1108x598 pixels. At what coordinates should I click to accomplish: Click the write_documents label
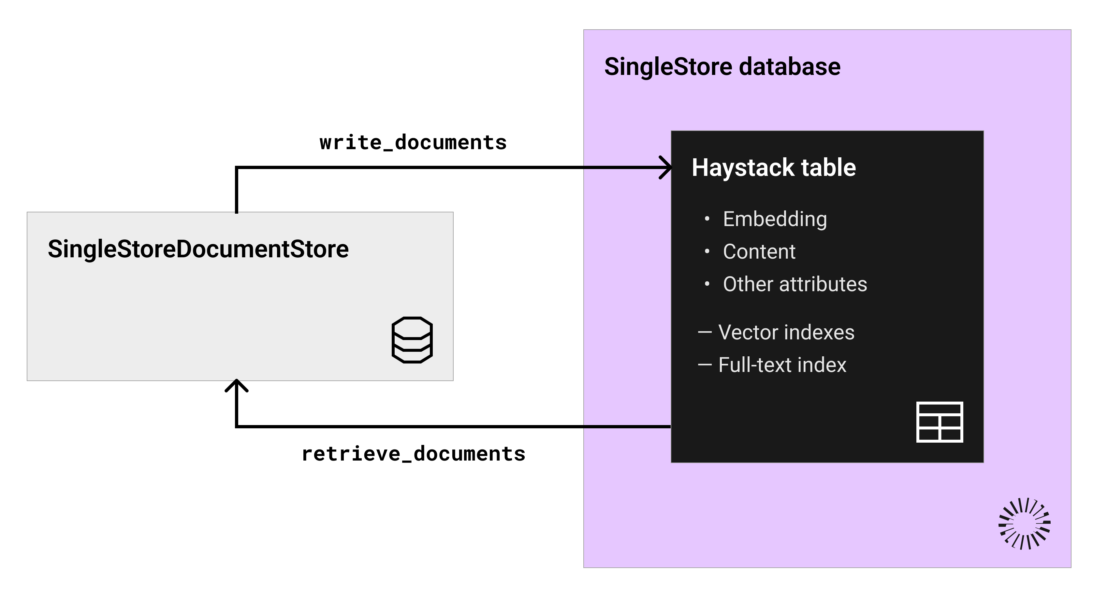(x=413, y=143)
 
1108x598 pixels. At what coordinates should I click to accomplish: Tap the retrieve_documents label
(x=413, y=454)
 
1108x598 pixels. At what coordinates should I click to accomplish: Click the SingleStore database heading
(x=722, y=67)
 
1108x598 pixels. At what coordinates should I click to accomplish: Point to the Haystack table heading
(x=774, y=168)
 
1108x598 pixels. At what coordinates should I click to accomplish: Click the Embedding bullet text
(x=775, y=219)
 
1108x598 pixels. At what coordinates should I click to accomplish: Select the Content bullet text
(x=759, y=251)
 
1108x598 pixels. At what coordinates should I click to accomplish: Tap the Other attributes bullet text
(x=795, y=284)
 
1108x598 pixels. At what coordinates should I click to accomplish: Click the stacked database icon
(x=412, y=340)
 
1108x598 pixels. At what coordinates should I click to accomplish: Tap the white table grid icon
(x=940, y=422)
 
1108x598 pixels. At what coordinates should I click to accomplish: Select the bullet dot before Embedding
(x=707, y=219)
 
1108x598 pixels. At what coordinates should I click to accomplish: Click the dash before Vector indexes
(x=705, y=332)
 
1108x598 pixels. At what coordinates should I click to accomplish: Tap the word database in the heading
(x=790, y=67)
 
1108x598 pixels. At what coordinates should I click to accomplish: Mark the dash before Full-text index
(x=705, y=365)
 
